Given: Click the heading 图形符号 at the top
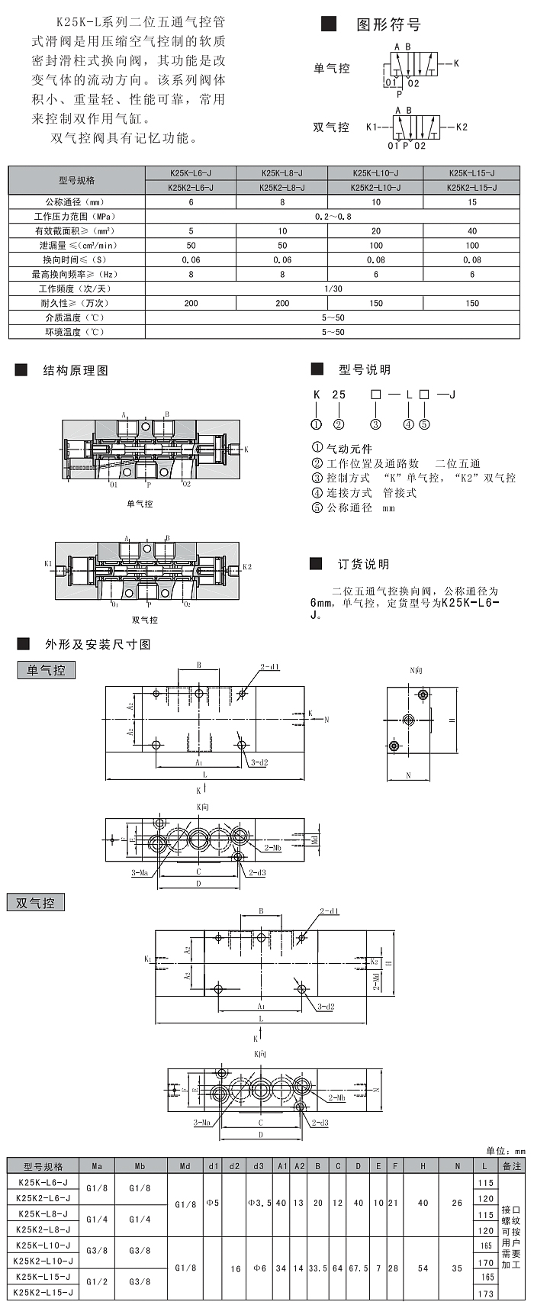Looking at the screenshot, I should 388,25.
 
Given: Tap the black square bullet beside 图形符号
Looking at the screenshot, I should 329,24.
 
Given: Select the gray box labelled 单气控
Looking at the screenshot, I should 47,671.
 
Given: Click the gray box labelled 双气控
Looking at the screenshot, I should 36,903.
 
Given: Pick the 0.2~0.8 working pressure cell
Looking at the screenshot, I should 333,217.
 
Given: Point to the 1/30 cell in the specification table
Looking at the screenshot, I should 333,288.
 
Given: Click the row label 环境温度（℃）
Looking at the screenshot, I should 76,332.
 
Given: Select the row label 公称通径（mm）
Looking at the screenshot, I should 76,202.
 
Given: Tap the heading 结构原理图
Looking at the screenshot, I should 76,371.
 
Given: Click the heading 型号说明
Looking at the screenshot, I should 365,370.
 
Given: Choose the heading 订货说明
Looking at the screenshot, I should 364,565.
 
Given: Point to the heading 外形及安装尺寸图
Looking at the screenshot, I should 98,645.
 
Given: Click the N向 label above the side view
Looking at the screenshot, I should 416,670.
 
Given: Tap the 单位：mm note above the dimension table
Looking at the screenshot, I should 506,1151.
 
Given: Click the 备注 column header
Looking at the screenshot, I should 512,1166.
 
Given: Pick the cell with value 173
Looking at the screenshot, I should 485,1293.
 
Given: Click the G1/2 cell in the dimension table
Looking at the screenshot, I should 97,1285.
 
